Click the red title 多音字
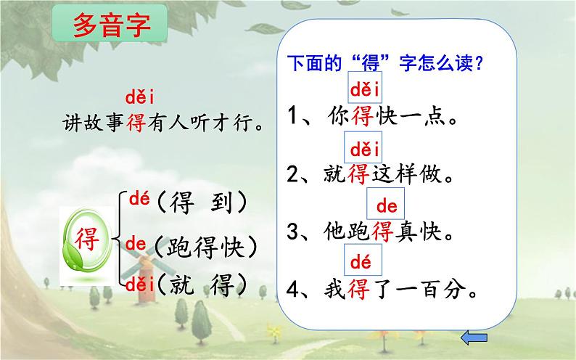(x=112, y=25)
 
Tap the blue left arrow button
(x=474, y=337)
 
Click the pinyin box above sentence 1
(x=365, y=88)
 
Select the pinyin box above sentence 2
(x=363, y=147)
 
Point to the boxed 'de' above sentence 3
(x=386, y=203)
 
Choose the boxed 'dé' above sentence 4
(x=363, y=260)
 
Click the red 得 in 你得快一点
(x=363, y=116)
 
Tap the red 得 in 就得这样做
(x=358, y=173)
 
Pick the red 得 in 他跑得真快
(x=382, y=232)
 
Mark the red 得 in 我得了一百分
(x=358, y=289)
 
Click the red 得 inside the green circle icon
(x=87, y=239)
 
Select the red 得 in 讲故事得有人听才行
(x=136, y=122)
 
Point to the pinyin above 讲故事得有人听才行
(x=139, y=97)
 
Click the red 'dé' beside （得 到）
(x=139, y=199)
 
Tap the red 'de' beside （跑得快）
(x=136, y=244)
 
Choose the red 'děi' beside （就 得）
(x=139, y=285)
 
